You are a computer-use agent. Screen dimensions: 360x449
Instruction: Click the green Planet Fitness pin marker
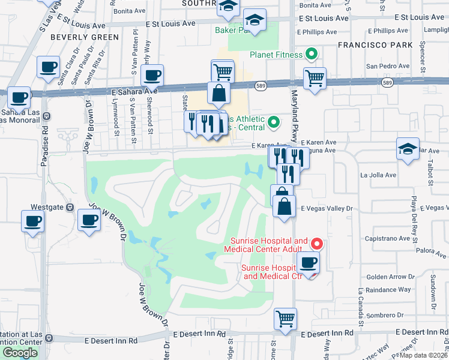311,55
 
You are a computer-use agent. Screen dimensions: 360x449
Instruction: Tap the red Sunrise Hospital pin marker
316,244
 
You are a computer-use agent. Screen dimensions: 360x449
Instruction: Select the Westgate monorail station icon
70,208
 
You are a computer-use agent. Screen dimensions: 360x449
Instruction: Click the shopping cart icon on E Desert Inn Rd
285,318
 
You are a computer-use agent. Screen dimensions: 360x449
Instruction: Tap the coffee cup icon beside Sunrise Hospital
308,262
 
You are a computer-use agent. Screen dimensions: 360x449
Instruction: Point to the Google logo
20,352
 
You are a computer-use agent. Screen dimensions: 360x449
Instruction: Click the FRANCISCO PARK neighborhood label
375,45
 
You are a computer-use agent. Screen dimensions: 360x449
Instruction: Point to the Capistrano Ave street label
388,238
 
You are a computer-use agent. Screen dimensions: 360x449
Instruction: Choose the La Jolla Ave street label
378,175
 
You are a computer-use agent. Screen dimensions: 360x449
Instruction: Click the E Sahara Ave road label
134,91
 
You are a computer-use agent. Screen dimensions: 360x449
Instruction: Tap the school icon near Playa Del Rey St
408,149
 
